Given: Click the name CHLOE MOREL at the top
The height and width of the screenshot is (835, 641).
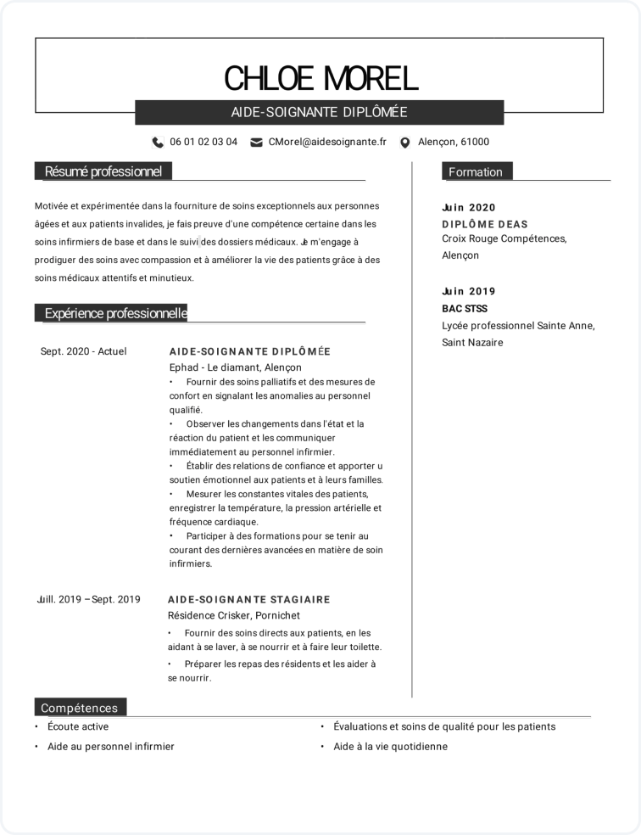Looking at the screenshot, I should [x=320, y=77].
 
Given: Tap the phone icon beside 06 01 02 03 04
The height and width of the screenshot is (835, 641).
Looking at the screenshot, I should [x=158, y=143].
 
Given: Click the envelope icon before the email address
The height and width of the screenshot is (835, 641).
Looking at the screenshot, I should [x=256, y=143].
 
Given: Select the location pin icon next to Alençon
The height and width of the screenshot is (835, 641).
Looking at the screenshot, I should [x=404, y=143].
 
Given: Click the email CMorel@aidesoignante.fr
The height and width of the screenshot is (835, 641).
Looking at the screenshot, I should [x=326, y=143].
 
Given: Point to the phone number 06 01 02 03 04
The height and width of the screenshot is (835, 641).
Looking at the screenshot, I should [x=203, y=143].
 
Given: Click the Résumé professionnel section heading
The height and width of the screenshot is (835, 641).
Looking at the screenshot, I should [x=103, y=171].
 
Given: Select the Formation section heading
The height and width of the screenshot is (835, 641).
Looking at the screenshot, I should [x=476, y=171].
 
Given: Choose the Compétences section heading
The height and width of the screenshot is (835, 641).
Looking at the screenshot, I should [x=80, y=708].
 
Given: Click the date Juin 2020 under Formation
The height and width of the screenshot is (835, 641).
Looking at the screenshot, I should [x=469, y=208].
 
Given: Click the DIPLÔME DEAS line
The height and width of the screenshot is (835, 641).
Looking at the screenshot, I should [x=485, y=224].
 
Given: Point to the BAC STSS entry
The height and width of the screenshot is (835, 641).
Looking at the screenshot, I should [x=465, y=309].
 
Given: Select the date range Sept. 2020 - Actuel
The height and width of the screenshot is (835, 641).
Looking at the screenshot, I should [x=83, y=351].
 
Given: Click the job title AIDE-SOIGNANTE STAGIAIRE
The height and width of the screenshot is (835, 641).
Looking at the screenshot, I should [x=249, y=599].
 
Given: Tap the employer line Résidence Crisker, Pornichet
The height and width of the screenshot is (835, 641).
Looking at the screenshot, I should [x=234, y=615].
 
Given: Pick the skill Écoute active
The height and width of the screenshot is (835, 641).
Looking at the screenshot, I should [x=78, y=726].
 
